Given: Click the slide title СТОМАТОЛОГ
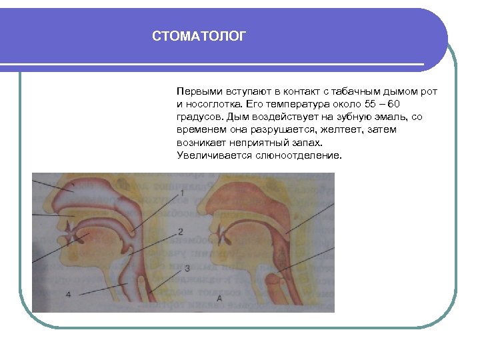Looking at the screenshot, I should click(199, 36).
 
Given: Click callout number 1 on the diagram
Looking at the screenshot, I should click(182, 193).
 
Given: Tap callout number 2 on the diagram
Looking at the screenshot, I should click(181, 232).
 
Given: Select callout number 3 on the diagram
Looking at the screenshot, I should click(187, 268).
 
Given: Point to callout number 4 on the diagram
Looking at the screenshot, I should click(69, 294).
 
